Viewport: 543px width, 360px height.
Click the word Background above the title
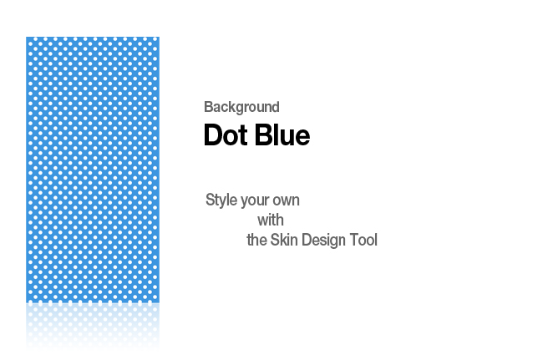241,107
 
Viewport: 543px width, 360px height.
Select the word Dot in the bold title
226,134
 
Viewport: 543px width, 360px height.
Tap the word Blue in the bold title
282,134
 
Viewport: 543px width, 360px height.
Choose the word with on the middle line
271,221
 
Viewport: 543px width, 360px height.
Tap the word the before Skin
256,240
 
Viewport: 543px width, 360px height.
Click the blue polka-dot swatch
93,170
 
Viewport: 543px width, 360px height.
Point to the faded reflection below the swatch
93,326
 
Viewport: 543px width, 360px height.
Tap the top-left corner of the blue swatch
26,37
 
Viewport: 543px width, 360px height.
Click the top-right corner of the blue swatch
160,37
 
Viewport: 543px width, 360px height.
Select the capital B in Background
209,107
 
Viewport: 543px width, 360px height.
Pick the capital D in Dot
213,134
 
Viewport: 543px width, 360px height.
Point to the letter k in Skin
283,240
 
